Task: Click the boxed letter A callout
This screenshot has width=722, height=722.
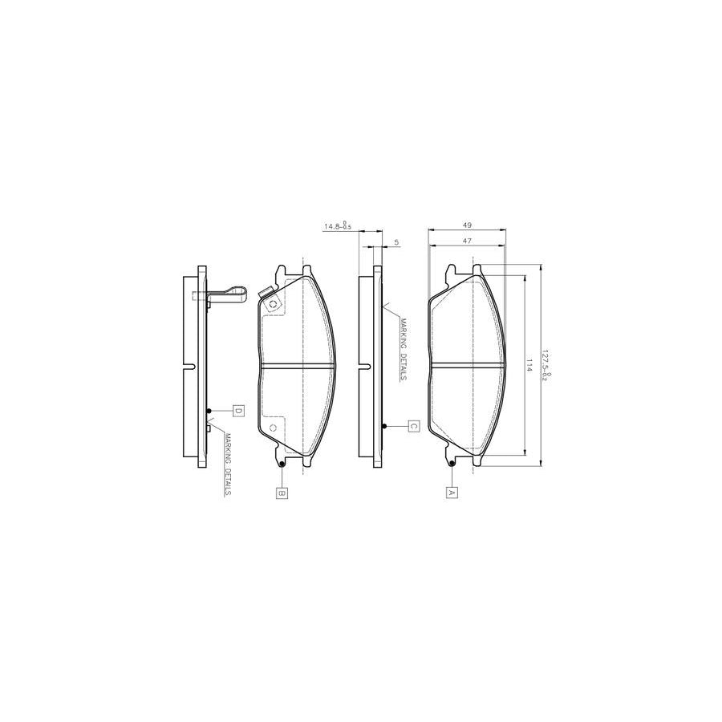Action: tap(451, 493)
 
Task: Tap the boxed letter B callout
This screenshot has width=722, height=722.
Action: tap(282, 493)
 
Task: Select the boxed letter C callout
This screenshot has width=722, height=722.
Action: tap(413, 426)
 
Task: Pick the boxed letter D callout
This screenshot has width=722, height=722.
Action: tap(238, 412)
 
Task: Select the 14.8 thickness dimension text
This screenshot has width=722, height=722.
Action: tap(337, 227)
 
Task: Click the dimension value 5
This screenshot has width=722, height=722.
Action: tap(396, 241)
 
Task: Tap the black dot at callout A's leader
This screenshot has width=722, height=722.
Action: tap(452, 464)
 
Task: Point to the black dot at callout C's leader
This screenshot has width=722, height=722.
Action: tap(385, 426)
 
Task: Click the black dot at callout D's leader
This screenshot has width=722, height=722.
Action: tap(209, 412)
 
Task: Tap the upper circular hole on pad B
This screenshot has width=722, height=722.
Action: tap(273, 304)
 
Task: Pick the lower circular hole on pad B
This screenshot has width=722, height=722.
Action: tap(273, 428)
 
